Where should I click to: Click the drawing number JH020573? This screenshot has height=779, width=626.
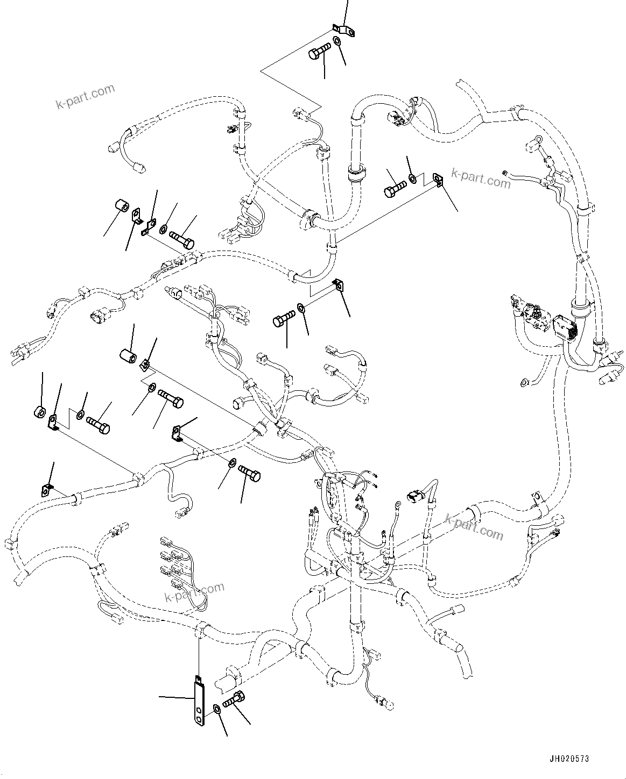(x=569, y=759)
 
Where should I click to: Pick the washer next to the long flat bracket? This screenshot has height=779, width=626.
(x=216, y=710)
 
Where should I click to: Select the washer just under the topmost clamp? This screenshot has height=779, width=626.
(x=337, y=42)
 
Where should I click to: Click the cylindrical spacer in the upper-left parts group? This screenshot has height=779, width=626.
(x=123, y=207)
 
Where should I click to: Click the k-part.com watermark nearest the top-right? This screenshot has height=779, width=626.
(x=480, y=178)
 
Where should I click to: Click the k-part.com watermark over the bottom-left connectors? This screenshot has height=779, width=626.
(x=194, y=592)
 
